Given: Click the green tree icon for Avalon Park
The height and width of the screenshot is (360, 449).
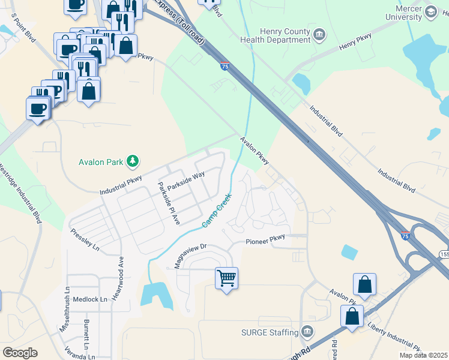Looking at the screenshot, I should [133, 161].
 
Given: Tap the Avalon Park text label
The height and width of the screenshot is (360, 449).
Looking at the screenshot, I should [101, 161].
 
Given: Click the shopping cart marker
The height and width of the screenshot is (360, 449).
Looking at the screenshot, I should [227, 278].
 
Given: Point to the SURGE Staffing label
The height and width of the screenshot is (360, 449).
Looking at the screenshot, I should [269, 332].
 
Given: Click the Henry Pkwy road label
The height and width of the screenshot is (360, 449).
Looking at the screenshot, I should [355, 41].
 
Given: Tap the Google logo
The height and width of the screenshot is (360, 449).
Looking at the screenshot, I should [20, 353].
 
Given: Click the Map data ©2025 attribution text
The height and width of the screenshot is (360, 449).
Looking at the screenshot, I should [424, 355].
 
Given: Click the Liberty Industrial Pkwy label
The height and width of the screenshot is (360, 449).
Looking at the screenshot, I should [397, 338].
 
